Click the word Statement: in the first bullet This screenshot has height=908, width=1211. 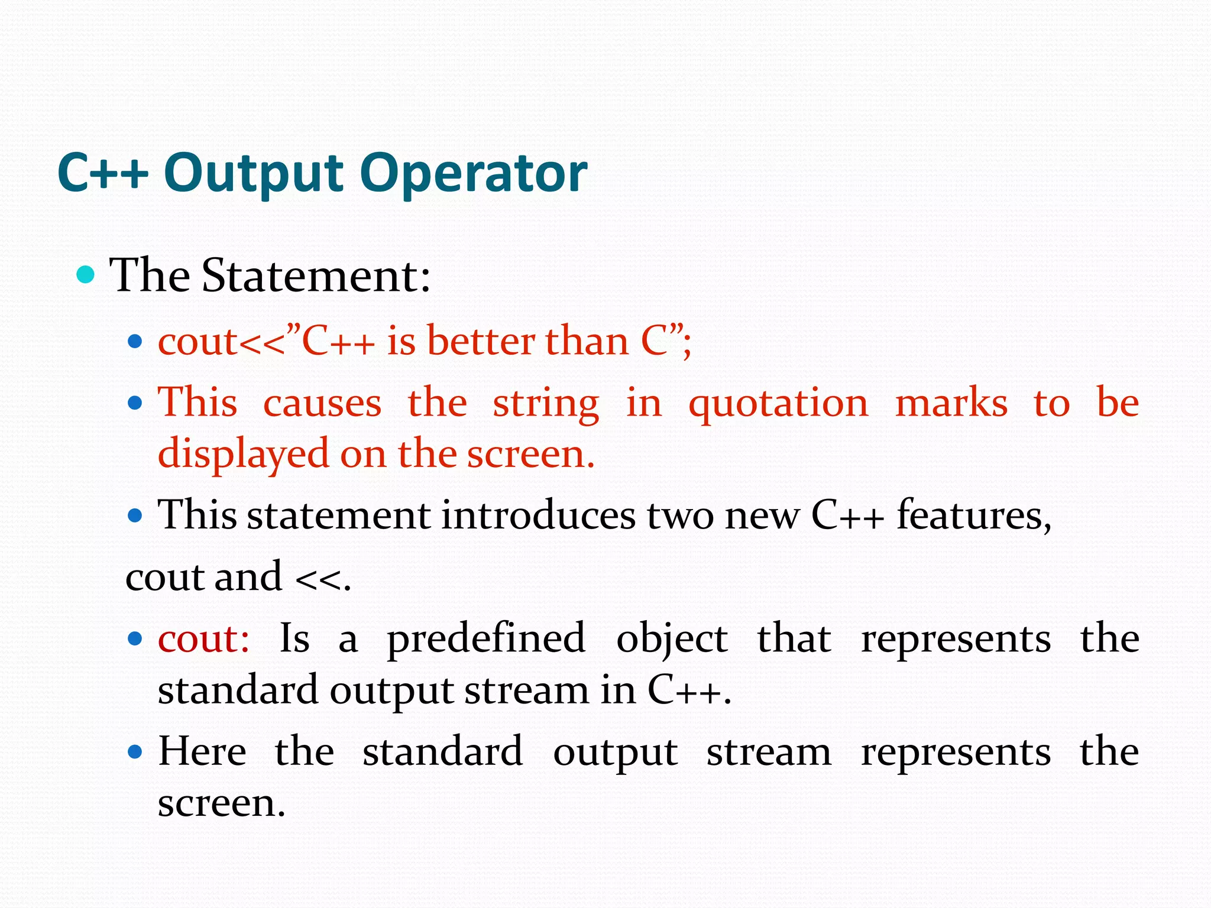point(316,275)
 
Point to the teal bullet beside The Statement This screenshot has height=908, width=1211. point(86,275)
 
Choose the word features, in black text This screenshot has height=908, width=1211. point(974,515)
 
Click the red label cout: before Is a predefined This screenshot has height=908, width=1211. point(203,638)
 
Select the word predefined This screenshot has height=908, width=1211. point(486,640)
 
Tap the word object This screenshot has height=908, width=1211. point(672,640)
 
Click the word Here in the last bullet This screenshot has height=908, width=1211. point(202,752)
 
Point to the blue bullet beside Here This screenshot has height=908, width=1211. point(135,753)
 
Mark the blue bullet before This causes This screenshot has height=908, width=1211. point(135,403)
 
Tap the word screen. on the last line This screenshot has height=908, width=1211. point(221,803)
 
